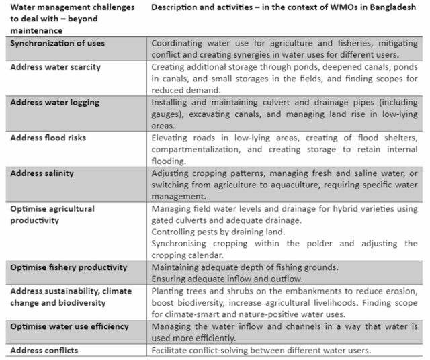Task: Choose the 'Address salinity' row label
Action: (42, 173)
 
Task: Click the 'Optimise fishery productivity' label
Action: (69, 267)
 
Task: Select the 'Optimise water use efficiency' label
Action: (70, 326)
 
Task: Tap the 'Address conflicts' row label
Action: (44, 350)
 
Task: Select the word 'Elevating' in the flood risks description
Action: (171, 138)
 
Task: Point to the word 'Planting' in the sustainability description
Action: (169, 291)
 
